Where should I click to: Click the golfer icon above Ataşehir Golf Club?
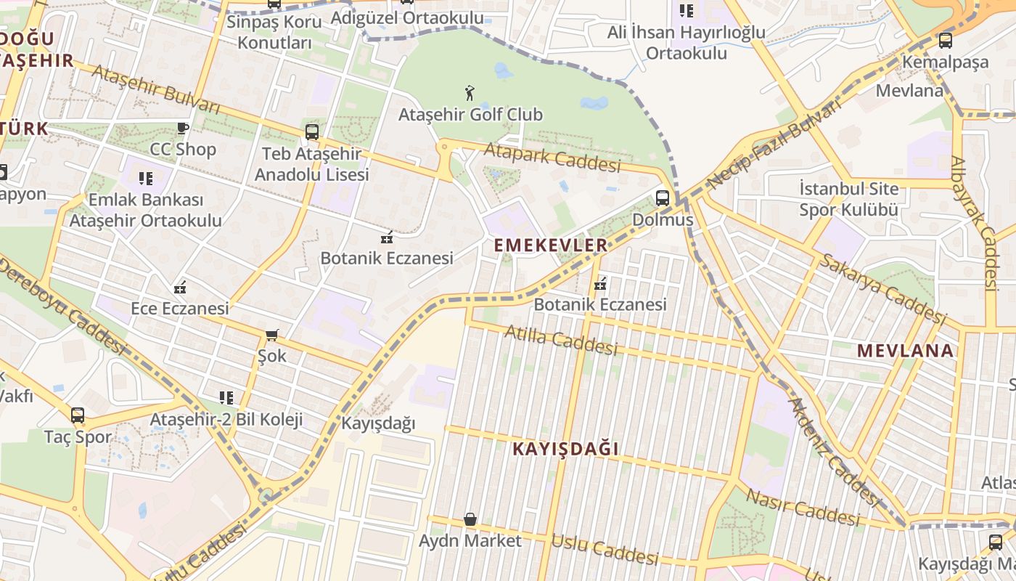(470, 93)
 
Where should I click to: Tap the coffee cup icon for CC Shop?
(183, 129)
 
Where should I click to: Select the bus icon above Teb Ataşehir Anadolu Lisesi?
(312, 132)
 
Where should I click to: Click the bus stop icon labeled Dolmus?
(663, 198)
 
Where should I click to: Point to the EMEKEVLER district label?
(551, 245)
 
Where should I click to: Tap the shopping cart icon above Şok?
(272, 335)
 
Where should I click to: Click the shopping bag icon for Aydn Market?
(470, 519)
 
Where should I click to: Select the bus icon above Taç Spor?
(78, 415)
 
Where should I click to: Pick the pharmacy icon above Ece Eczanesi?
(180, 288)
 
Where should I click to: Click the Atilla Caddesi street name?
(560, 340)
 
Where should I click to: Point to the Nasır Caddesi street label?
(803, 507)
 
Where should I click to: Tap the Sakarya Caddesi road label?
(882, 289)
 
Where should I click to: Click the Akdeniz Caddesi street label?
(835, 450)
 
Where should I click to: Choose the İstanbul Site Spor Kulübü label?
(848, 200)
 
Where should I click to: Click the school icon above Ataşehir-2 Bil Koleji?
(226, 398)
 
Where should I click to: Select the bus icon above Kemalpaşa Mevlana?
(945, 41)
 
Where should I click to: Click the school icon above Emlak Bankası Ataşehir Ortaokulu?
(146, 178)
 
